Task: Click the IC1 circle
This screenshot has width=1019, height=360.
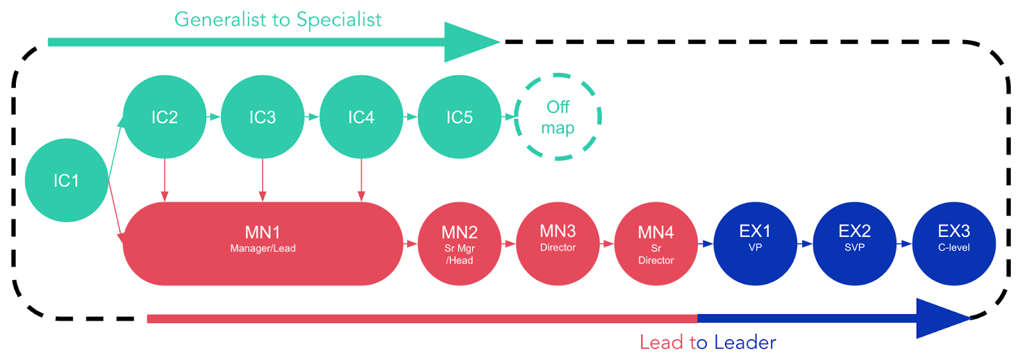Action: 66,181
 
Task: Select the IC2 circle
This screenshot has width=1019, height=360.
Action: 164,117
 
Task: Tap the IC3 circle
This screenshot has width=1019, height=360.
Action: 262,117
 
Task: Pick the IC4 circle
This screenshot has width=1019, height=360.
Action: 361,117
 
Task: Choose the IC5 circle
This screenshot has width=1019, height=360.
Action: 459,117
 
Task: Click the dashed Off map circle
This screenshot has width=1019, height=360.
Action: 558,117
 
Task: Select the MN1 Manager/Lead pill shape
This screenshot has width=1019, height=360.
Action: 263,244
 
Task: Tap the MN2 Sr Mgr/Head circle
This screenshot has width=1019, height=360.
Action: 459,244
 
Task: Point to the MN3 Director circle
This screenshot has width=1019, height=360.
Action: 558,244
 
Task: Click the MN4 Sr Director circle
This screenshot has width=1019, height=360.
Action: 656,244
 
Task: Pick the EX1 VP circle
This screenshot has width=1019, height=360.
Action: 755,244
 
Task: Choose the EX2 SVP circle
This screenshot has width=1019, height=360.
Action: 854,244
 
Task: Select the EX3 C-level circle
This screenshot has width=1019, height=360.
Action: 953,244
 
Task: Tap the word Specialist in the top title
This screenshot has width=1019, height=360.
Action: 338,20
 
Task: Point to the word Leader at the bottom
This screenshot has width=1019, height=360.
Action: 745,342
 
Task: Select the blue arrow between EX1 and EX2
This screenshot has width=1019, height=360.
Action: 805,244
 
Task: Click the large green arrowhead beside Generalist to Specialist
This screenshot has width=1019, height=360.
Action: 469,42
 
